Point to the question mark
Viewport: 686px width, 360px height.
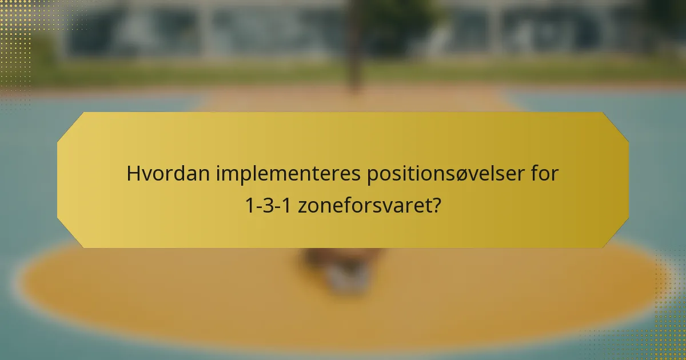coord(436,205)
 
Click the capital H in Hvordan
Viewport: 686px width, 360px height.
coord(133,174)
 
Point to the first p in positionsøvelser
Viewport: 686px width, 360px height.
coord(372,175)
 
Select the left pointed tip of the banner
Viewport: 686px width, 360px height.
coord(58,179)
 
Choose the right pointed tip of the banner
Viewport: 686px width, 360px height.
coord(628,179)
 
